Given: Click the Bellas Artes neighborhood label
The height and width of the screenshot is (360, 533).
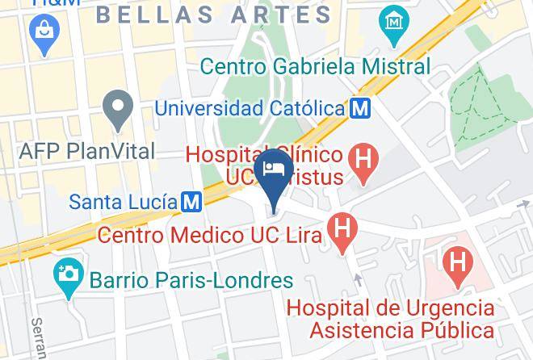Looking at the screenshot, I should pyautogui.click(x=214, y=14).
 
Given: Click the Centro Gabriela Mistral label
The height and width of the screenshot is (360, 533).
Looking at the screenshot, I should pyautogui.click(x=315, y=66).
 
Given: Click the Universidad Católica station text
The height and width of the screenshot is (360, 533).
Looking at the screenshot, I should pyautogui.click(x=249, y=107).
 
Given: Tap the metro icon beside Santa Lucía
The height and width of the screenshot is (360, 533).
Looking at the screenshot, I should pyautogui.click(x=191, y=201).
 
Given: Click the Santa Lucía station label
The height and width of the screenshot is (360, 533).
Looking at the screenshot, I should pyautogui.click(x=123, y=201).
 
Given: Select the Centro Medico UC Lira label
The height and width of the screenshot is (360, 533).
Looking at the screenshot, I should pyautogui.click(x=210, y=235).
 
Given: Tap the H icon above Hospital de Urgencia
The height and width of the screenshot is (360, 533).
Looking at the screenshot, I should pyautogui.click(x=457, y=263).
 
